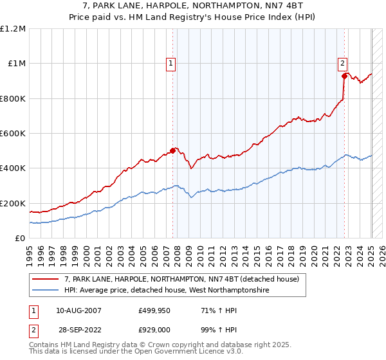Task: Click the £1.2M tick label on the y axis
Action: (13, 29)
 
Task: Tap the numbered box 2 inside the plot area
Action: (343, 63)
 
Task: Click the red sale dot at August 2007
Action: (172, 151)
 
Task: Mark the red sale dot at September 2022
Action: (345, 76)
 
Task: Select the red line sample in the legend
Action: (45, 280)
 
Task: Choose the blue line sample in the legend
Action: (45, 291)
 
